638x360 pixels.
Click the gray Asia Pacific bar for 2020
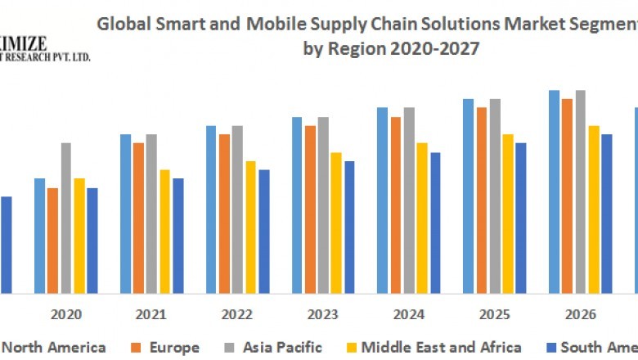pos(65,218)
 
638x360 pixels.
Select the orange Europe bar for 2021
pos(139,218)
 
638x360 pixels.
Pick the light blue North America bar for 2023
pos(297,205)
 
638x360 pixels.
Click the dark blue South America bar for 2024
pos(435,223)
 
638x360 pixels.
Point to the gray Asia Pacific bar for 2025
pos(495,196)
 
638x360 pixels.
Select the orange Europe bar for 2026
pos(567,196)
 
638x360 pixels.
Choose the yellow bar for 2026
pos(594,209)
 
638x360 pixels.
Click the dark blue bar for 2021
pos(178,236)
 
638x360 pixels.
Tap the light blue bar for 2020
pos(39,236)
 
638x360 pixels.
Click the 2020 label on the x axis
pos(65,314)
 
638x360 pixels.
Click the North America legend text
pos(56,348)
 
